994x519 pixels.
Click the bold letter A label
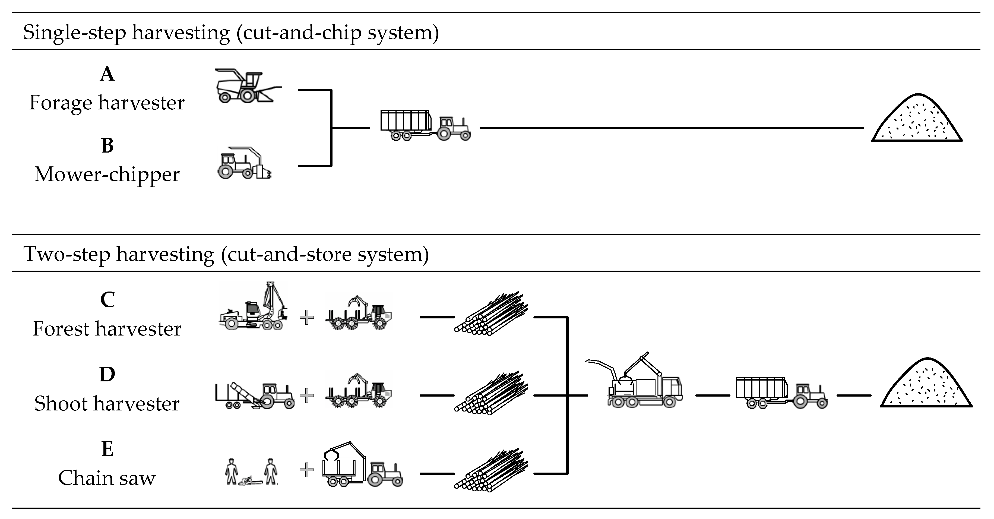pyautogui.click(x=107, y=74)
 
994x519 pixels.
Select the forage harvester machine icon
pyautogui.click(x=247, y=86)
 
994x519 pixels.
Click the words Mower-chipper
pyautogui.click(x=107, y=175)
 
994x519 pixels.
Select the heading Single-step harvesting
pyautogui.click(x=231, y=32)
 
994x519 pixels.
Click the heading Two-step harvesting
pyautogui.click(x=226, y=254)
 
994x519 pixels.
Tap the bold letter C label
pyautogui.click(x=107, y=300)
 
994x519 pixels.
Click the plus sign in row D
pyautogui.click(x=307, y=395)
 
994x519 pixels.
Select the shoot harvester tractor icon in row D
pyautogui.click(x=255, y=395)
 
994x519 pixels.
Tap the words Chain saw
pyautogui.click(x=107, y=478)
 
